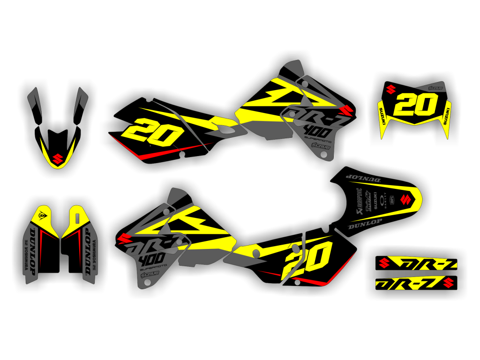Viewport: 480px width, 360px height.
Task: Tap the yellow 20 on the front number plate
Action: (412, 105)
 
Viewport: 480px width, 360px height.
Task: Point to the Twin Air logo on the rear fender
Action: (370, 202)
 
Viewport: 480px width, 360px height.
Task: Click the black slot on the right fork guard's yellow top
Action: (77, 217)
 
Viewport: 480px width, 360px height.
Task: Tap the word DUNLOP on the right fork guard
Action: (88, 253)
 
